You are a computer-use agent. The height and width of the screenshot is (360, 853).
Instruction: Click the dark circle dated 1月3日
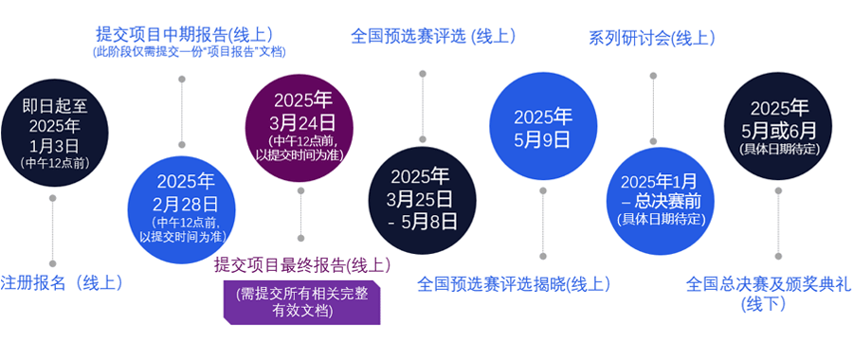53,134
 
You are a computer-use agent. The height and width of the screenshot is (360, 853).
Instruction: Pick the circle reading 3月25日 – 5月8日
422,201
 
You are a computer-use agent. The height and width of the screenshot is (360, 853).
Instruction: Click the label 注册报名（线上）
61,283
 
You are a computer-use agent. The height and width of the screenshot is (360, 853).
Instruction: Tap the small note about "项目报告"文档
189,52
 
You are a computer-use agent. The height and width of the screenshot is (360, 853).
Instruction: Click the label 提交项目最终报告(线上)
302,265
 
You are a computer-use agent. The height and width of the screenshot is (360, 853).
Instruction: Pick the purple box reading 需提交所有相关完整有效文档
302,303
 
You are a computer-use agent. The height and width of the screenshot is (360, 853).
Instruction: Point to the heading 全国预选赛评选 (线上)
433,37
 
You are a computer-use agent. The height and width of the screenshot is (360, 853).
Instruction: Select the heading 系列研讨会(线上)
652,39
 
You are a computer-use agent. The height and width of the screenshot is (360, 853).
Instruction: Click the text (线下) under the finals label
763,303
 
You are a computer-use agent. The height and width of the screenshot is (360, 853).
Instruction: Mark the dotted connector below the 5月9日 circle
542,224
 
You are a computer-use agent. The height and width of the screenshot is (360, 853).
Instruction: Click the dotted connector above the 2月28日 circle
182,112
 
